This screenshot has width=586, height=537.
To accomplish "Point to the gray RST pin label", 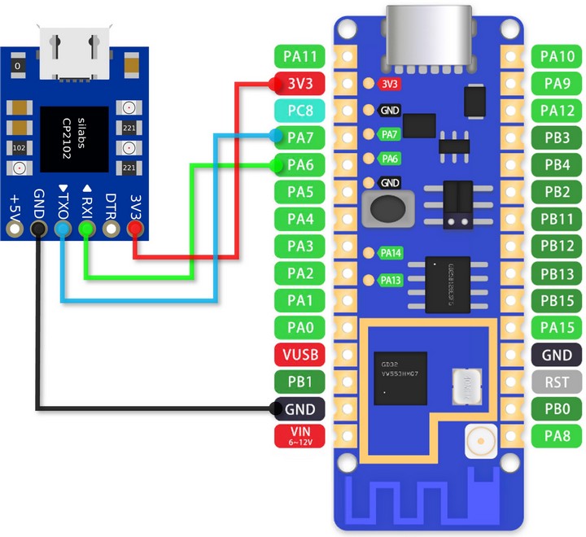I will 557,381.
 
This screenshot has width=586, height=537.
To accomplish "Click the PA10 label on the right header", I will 557,56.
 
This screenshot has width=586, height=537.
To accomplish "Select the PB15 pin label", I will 557,300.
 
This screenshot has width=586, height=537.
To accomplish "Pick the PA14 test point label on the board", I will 390,253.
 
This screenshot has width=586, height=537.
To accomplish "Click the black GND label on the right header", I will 557,354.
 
